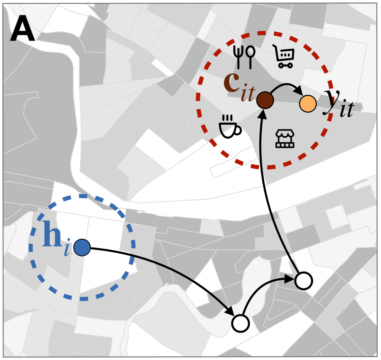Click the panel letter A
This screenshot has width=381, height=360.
click(x=22, y=30)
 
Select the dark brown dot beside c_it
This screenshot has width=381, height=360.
click(x=265, y=101)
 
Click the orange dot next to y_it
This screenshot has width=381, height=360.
click(x=308, y=103)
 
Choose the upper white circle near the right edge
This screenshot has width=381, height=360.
click(x=304, y=280)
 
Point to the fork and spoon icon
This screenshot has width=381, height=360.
click(x=244, y=57)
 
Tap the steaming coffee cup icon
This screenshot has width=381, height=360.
click(x=229, y=127)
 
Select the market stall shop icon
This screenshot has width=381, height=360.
click(x=285, y=138)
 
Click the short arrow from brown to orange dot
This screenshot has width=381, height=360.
click(x=286, y=87)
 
